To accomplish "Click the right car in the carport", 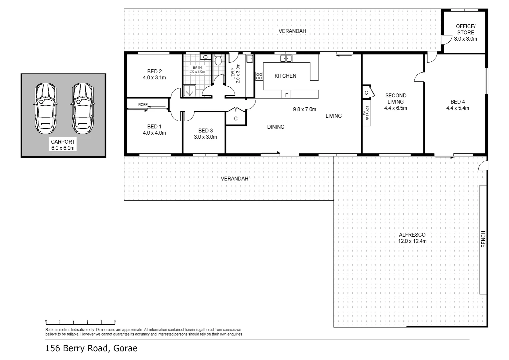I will pos(82,108).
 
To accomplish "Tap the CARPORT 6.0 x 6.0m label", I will pos(63,145).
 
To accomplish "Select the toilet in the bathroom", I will pos(218,60).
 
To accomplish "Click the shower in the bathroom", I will pos(190,90).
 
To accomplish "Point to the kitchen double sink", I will pos(286,59).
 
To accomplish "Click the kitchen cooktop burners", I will pos(259,76).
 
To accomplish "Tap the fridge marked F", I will pos(286,95).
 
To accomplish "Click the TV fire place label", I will pos(367,115).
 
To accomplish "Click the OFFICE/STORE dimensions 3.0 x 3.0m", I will pos(465,39).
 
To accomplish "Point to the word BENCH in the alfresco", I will pos(484,239).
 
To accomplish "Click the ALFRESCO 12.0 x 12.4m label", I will pos(412,238).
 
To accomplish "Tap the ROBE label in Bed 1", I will pos(143,105).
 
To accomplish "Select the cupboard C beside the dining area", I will pos(236,118).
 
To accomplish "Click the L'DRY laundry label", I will pos(235,73).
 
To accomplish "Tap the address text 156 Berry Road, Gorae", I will pos(91,348).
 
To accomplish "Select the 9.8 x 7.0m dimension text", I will pos(304,109).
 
